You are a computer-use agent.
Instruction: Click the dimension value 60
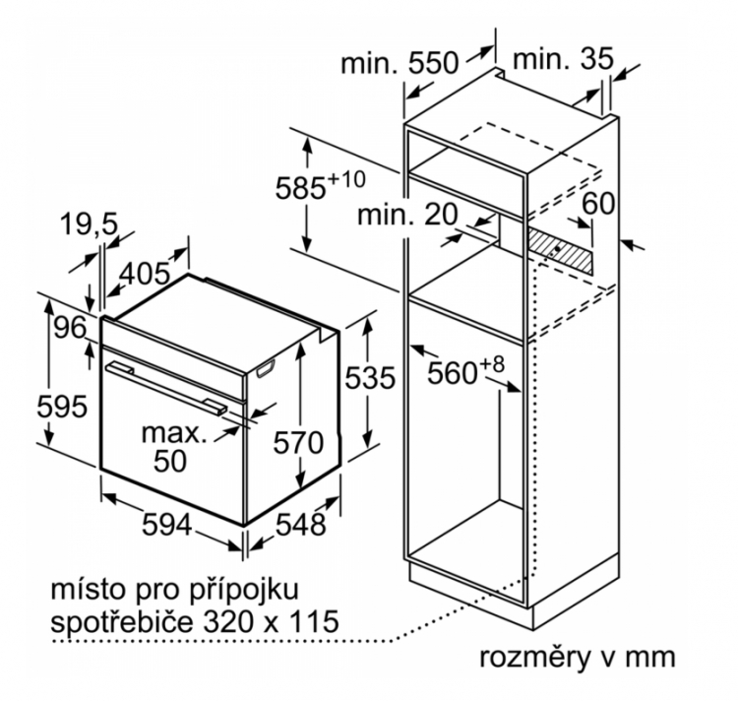coord(599,205)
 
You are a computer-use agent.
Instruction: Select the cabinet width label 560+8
coord(464,371)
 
